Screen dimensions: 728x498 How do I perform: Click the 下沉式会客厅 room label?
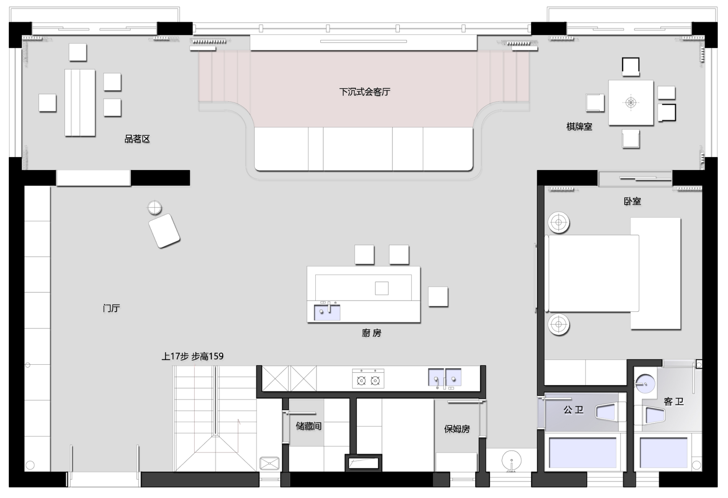coord(365,92)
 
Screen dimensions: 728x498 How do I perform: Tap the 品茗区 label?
coord(137,139)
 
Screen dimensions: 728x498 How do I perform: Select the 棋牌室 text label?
coord(579,127)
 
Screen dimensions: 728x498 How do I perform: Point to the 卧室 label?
coord(632,201)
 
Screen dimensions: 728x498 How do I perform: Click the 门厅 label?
coord(111,308)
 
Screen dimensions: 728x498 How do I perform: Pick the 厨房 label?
coord(371,333)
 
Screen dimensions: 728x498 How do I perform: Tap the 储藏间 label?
coord(308,426)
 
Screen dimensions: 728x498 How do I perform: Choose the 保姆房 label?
coord(457,429)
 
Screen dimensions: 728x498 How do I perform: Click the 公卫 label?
coord(573,410)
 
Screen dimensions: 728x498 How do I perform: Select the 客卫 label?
coord(673,401)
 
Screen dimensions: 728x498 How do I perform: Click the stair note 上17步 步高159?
coord(192,356)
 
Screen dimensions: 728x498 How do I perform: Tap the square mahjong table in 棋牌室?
coord(631,102)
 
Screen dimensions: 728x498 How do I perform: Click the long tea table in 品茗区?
coord(80,102)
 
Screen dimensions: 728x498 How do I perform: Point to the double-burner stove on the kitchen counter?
coord(368,378)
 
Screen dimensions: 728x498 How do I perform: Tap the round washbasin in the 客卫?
coord(645,383)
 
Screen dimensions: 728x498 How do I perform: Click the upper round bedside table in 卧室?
coord(559,222)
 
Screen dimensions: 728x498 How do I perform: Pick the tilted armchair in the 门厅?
coord(164,231)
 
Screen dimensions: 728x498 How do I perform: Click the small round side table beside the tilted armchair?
coord(155,208)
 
